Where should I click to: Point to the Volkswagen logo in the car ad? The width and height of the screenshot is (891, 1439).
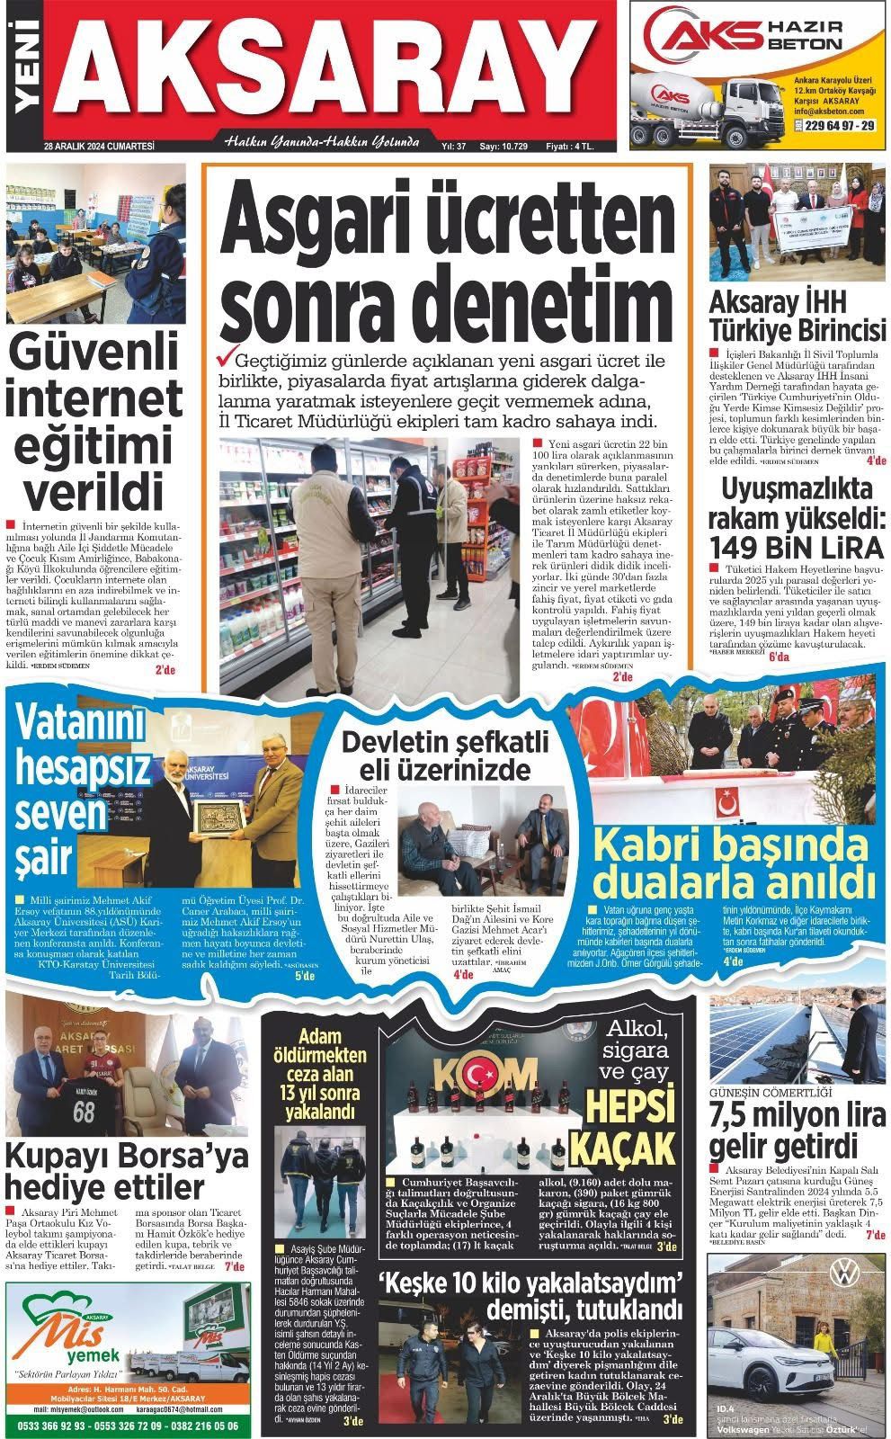pyautogui.click(x=842, y=1273)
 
